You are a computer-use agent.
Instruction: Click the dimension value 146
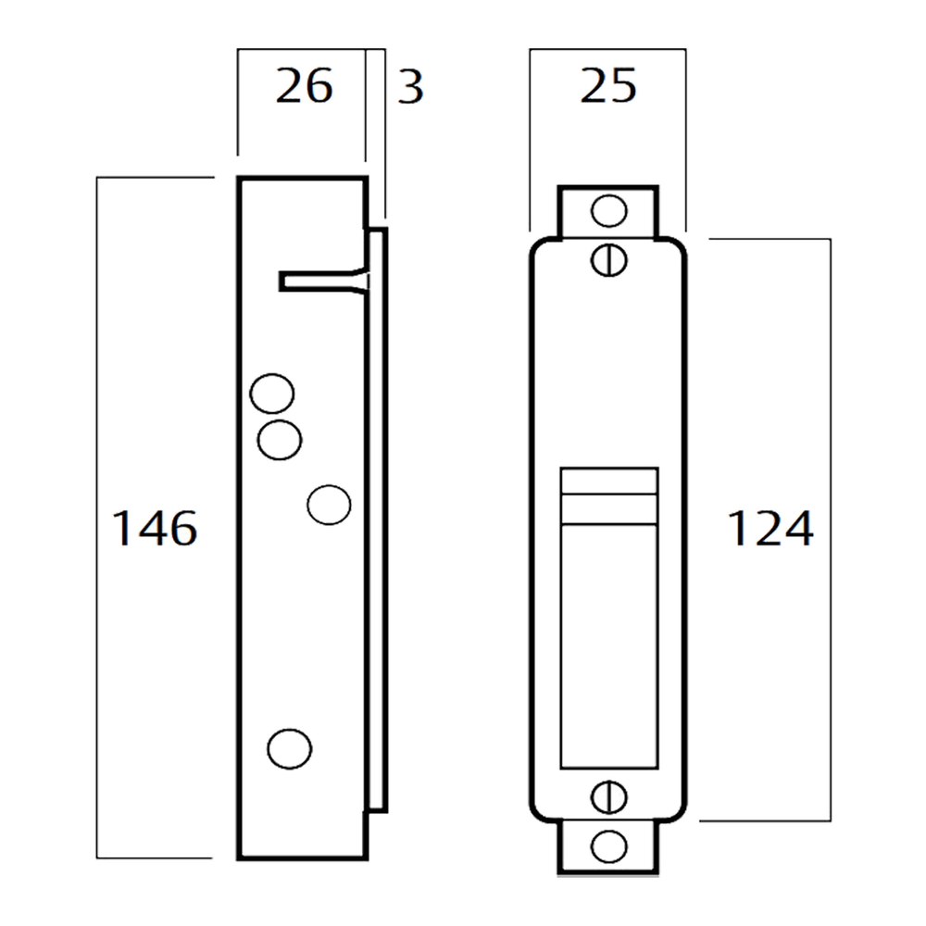click(155, 530)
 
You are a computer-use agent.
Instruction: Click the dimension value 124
click(770, 530)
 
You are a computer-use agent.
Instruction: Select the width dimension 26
click(304, 87)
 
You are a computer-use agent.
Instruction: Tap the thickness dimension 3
click(409, 87)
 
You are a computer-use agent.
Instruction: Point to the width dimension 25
click(608, 87)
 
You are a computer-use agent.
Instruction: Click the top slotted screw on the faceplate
click(608, 259)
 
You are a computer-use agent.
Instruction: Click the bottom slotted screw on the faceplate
click(608, 796)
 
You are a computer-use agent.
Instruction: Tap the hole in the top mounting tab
click(608, 211)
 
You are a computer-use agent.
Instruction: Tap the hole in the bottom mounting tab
click(608, 845)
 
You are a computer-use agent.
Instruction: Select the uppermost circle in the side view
click(272, 394)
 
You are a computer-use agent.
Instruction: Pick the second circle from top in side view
click(280, 439)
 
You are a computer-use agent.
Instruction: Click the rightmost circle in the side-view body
click(329, 505)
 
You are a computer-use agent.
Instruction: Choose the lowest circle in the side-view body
click(289, 747)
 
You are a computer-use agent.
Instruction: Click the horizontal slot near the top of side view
click(319, 282)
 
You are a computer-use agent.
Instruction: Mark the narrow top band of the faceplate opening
click(609, 481)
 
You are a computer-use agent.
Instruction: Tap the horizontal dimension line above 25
click(607, 49)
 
